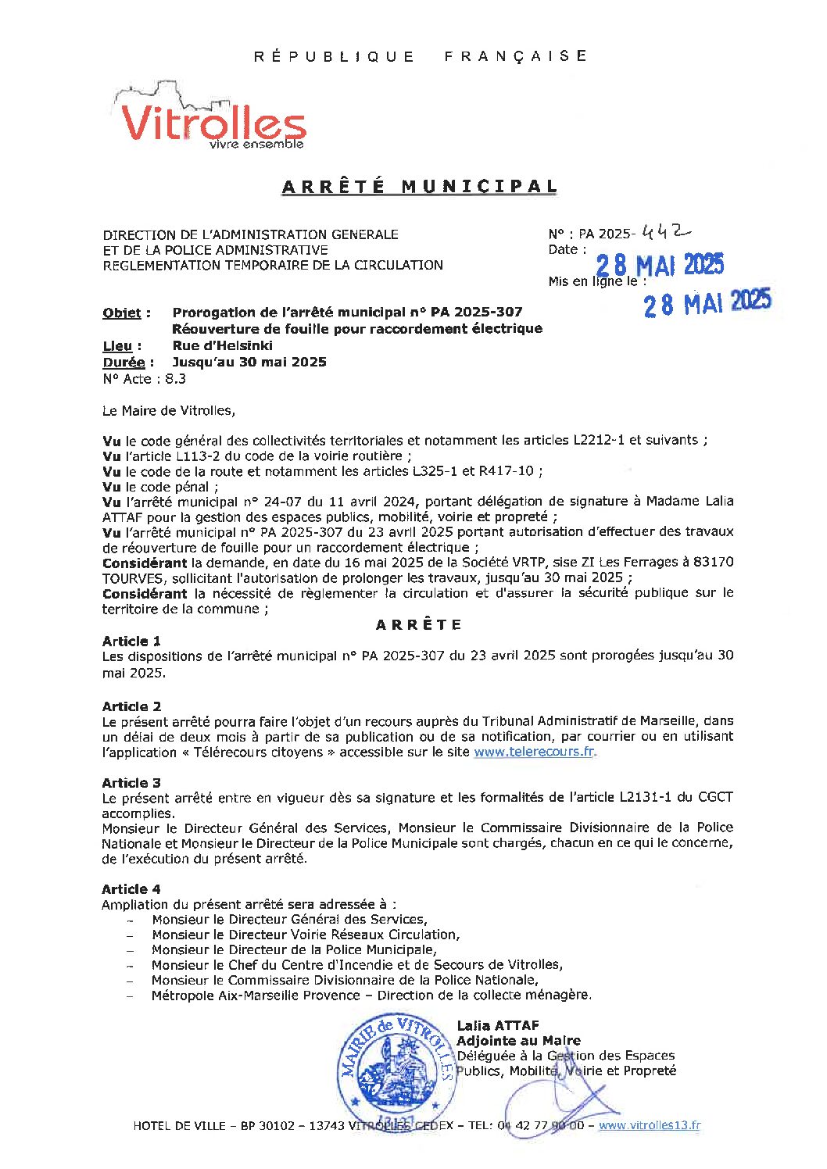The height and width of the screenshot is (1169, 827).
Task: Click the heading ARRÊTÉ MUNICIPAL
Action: coord(419,187)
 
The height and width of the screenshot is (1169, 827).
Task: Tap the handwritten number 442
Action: coord(665,232)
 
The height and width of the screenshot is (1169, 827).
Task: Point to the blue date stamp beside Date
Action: coord(660,266)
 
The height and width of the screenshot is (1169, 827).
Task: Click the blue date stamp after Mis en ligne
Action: coord(707,302)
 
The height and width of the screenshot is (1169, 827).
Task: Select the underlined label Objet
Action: coord(122,313)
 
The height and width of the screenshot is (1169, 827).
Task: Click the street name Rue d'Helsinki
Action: coord(222,345)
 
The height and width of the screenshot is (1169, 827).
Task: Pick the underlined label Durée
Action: coord(124,363)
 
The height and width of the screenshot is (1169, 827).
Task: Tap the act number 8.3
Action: coord(175,379)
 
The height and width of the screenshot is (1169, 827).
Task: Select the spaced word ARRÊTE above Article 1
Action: coord(419,625)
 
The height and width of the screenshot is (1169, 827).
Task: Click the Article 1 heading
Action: coord(131,641)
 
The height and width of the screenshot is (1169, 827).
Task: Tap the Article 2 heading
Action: coord(131,706)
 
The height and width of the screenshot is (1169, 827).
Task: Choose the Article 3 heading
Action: coord(131,783)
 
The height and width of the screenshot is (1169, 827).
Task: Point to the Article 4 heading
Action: coord(131,889)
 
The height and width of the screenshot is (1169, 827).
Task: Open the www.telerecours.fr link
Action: coord(534,752)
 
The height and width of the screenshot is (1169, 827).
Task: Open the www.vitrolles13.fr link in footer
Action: coord(649,1126)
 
